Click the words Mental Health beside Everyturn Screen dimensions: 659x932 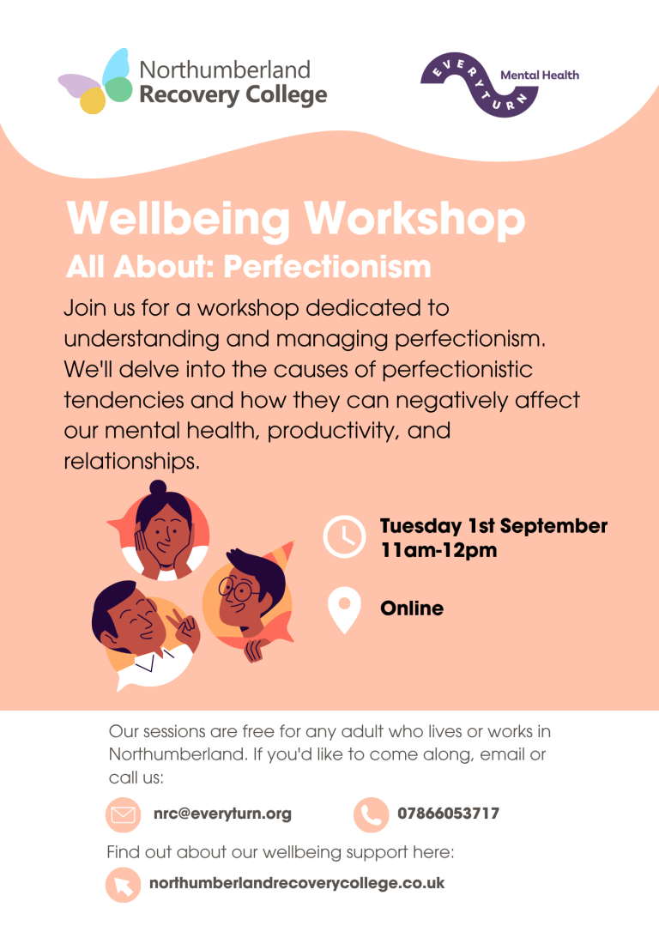pos(540,75)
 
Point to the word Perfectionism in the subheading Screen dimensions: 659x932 pos(328,266)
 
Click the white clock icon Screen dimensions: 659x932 pos(344,536)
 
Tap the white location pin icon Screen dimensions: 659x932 pos(344,610)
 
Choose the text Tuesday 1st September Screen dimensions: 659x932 pos(493,526)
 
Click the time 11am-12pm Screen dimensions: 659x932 pos(438,550)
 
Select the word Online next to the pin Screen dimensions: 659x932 pos(412,608)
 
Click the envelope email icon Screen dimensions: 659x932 pos(123,814)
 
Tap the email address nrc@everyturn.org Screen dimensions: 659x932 pos(222,814)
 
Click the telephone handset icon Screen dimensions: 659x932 pos(371,814)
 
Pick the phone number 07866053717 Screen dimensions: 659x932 pos(448,813)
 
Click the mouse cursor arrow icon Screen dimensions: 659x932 pos(123,885)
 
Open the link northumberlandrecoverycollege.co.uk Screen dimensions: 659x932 pos(297,883)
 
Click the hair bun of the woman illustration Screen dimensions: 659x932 pos(158,488)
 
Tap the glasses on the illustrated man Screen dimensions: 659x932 pos(237,590)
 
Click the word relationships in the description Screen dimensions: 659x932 pos(131,461)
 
